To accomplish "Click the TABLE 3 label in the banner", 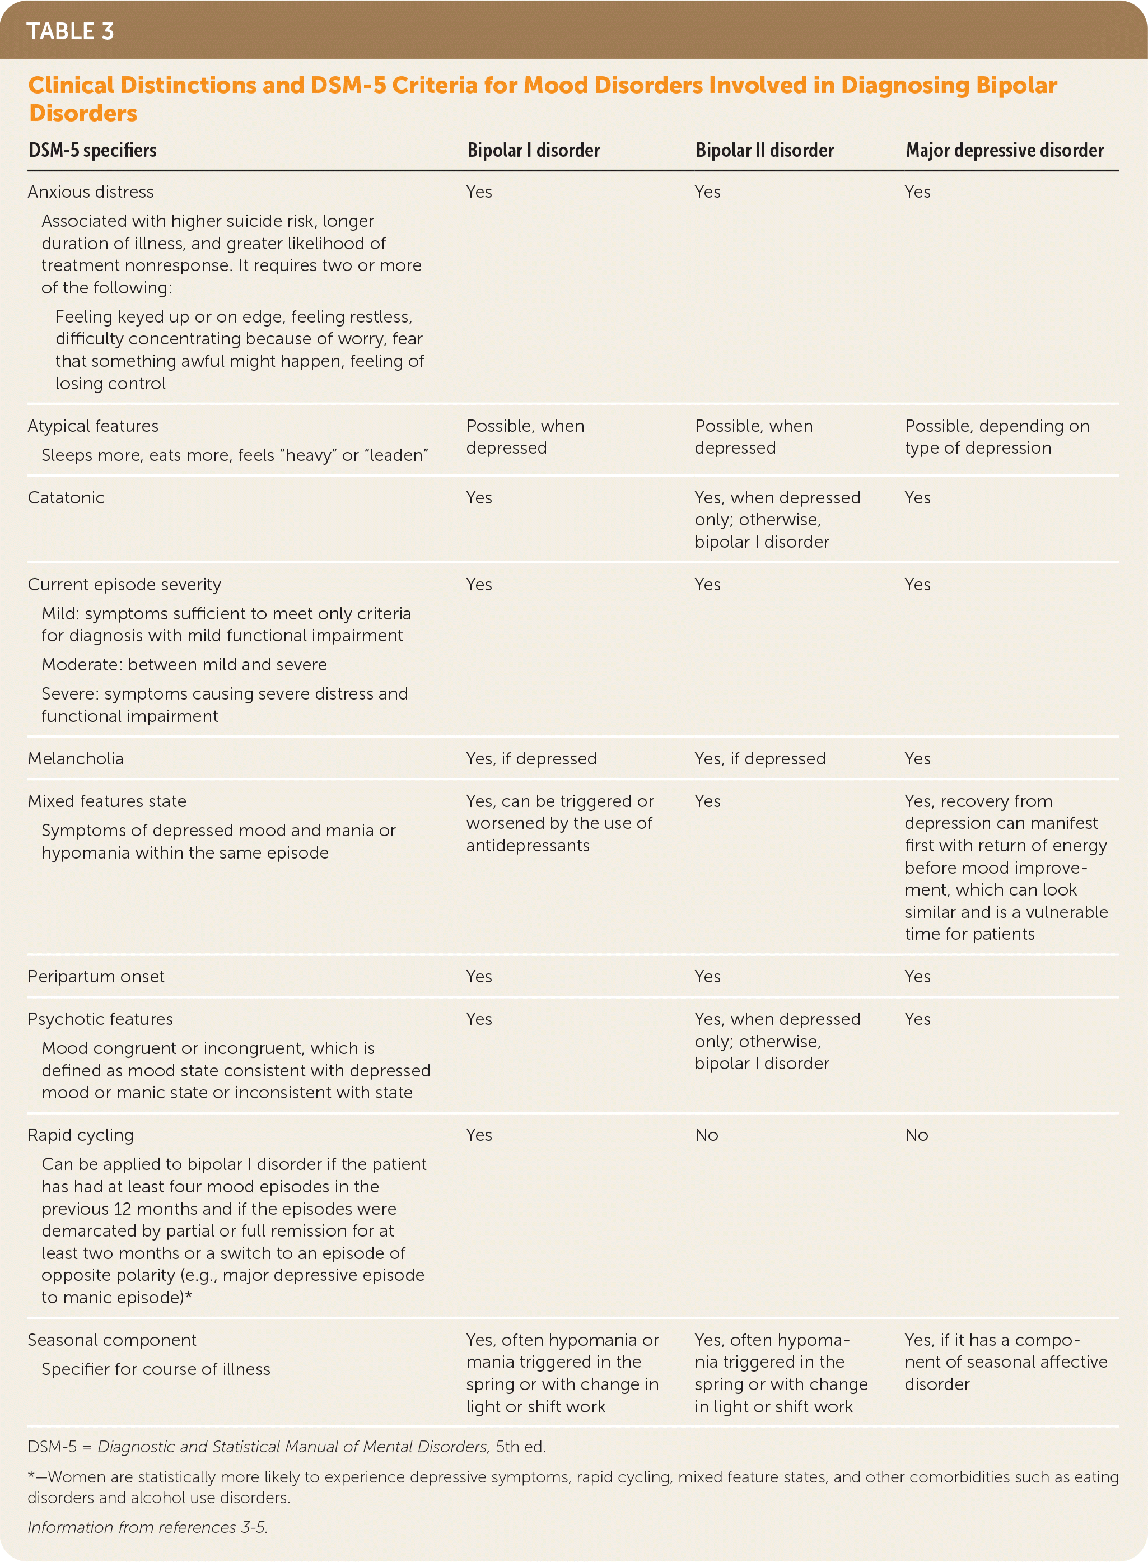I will point(69,31).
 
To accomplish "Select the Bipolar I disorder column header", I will point(533,150).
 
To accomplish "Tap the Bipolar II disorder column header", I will point(764,150).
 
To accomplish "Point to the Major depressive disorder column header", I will point(1004,150).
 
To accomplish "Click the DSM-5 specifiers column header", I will point(92,150).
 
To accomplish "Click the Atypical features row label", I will point(93,426).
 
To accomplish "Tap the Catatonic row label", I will point(66,497).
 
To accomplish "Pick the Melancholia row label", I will point(76,759).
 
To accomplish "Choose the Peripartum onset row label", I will point(96,976).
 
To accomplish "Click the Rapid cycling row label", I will point(81,1135).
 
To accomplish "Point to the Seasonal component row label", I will point(112,1340).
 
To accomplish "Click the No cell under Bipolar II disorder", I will point(707,1135).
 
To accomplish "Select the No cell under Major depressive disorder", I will point(917,1135).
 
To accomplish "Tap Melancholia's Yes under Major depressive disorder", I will point(917,759).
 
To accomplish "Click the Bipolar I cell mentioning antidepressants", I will point(559,823).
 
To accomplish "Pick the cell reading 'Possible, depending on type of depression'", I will point(996,437).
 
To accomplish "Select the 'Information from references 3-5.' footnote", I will point(147,1527).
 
